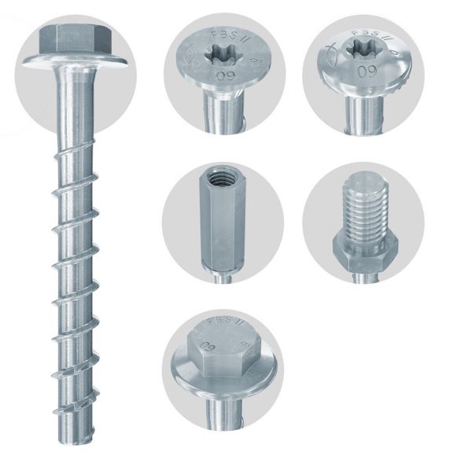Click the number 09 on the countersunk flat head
223,79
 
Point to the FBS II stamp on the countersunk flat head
225,35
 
